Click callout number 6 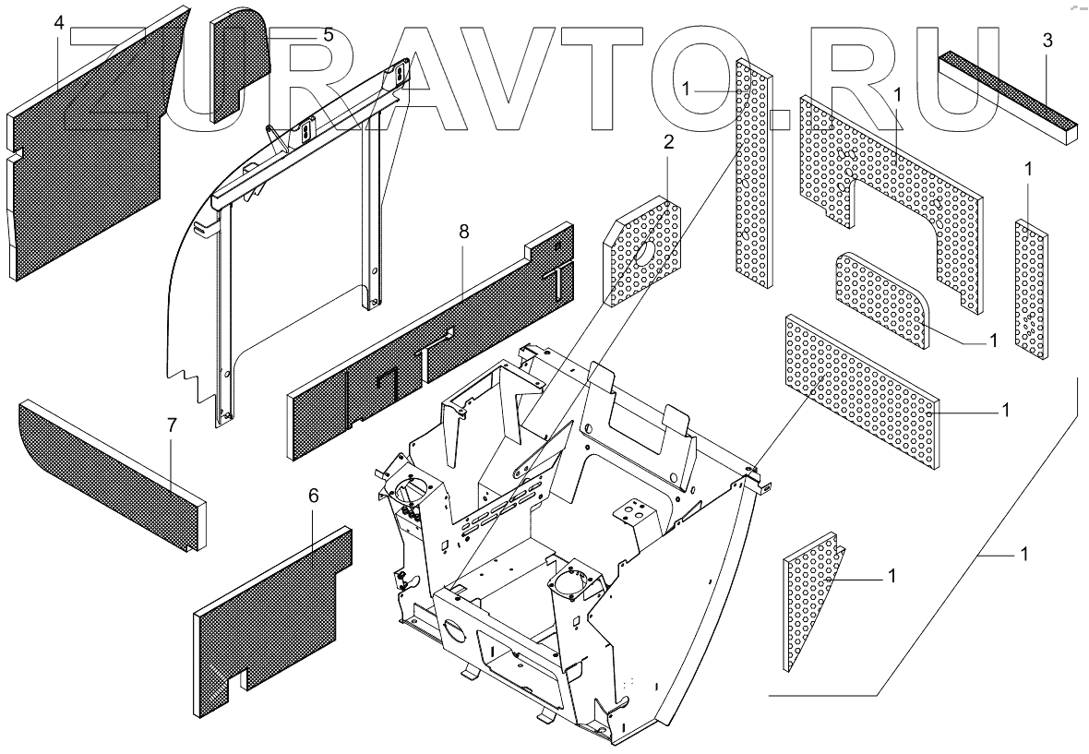[314, 497]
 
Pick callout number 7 [171, 425]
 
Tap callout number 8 [463, 232]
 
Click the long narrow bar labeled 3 [1006, 92]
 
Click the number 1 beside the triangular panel [892, 575]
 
